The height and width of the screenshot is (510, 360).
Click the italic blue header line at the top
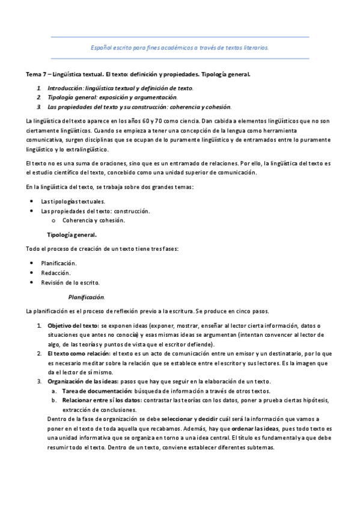click(180, 47)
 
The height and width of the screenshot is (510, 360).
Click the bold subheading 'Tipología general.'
click(72, 235)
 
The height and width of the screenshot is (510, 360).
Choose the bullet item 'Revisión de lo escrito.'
click(70, 282)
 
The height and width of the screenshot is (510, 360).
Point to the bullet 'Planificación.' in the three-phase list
click(58, 263)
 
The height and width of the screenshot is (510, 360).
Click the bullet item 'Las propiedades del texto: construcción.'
click(95, 210)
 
